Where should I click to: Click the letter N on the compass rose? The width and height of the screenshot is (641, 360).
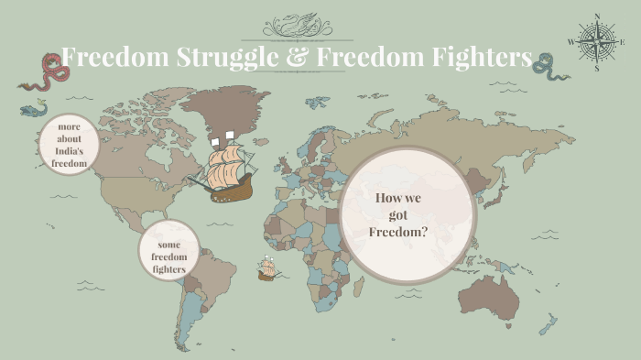[x=597, y=16]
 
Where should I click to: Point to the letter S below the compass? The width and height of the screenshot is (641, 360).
[x=597, y=68]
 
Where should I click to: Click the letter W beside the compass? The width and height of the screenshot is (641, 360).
[x=571, y=42]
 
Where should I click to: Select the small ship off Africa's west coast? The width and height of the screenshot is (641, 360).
[x=267, y=268]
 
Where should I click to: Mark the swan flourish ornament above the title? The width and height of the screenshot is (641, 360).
[x=320, y=23]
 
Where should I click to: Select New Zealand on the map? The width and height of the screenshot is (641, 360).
[x=552, y=323]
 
